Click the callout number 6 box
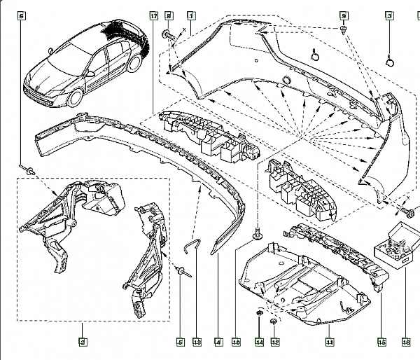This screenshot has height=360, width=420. (22, 15)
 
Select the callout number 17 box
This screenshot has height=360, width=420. (153, 15)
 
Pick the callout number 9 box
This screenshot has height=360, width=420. (344, 15)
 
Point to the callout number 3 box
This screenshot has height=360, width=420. (389, 15)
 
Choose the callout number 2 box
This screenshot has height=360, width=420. (83, 342)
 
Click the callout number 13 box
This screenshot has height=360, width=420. (197, 342)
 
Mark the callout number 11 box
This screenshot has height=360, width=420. (329, 342)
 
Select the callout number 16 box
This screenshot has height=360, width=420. (406, 342)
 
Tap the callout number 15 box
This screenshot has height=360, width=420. (381, 342)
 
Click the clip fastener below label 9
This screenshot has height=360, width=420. (344, 29)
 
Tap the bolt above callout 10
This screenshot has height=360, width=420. (258, 235)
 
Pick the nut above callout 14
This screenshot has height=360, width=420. (259, 312)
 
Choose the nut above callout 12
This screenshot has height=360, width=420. (274, 322)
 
